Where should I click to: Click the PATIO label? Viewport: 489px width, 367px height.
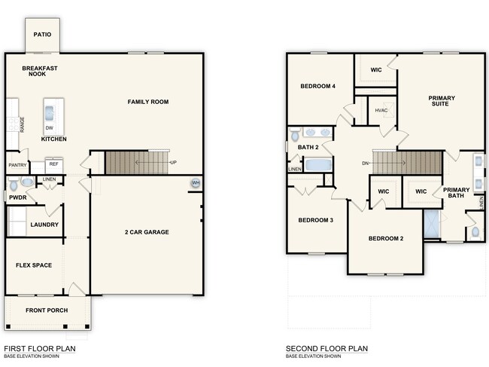coord(42,35)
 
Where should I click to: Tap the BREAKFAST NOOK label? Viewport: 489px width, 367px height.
coord(41,71)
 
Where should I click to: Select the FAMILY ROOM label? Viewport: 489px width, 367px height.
coord(147,102)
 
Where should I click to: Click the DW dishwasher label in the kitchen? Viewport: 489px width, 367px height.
coord(49,128)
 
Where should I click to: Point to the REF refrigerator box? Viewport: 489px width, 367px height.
coord(53,164)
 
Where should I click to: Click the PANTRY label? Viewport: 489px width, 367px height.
coord(17,165)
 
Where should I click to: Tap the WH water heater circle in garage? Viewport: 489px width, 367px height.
coord(196,183)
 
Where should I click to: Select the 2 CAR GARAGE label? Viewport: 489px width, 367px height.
coord(147,232)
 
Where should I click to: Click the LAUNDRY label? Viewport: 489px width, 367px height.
coord(44,225)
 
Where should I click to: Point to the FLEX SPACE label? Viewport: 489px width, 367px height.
coord(34,265)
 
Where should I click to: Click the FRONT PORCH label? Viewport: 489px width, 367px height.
coord(47,310)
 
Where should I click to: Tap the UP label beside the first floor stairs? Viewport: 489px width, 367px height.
coord(175,163)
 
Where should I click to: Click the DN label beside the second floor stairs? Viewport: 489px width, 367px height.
coord(366,163)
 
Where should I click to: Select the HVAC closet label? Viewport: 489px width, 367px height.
coord(381,112)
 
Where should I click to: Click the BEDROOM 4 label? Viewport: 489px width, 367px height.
coord(317,86)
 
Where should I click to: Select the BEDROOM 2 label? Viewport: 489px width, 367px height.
coord(386,239)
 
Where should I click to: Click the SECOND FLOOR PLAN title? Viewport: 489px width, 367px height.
coord(327,349)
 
